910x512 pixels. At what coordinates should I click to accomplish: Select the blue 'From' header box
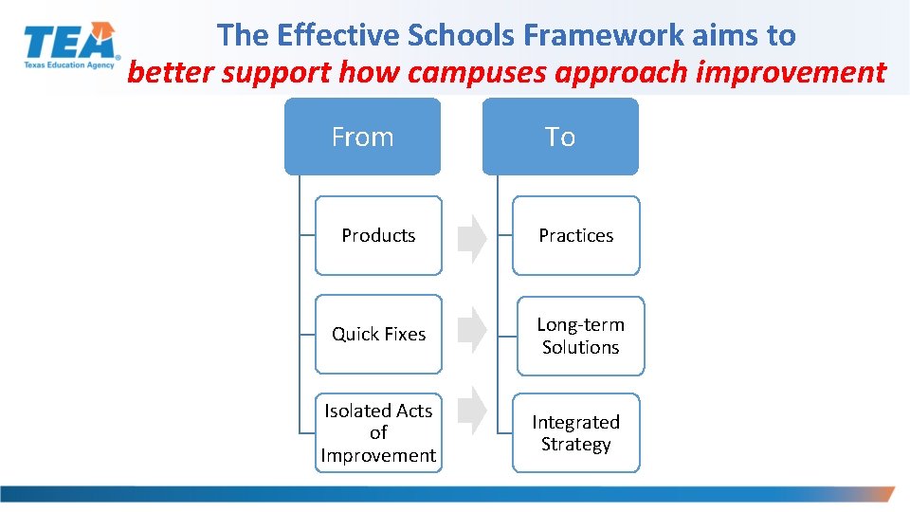pos(362,137)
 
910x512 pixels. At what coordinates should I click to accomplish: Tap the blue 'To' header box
pos(560,137)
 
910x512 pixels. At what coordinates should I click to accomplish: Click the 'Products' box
pos(378,235)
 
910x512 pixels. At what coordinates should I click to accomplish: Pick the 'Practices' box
pos(576,235)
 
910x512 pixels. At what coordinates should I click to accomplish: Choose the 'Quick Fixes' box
pos(378,334)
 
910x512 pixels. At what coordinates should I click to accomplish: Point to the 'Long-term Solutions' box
pos(580,336)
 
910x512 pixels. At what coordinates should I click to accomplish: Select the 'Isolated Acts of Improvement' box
pos(378,432)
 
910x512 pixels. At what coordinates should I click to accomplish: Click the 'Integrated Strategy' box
pos(575,432)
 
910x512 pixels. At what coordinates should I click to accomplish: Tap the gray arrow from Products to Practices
pos(471,239)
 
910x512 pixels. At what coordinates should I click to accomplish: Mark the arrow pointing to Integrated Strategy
pos(471,412)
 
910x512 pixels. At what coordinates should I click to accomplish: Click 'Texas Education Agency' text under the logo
pos(69,66)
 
